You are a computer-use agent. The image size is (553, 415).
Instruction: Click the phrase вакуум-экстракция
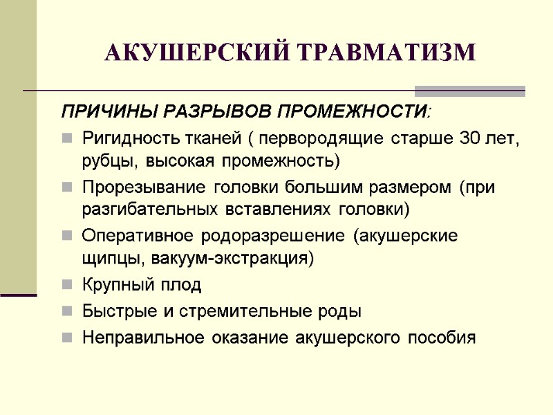coord(231,259)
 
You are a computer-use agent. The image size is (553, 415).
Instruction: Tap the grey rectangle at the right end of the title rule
coord(469,91)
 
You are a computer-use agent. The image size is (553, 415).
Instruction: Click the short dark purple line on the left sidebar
coord(18,295)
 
